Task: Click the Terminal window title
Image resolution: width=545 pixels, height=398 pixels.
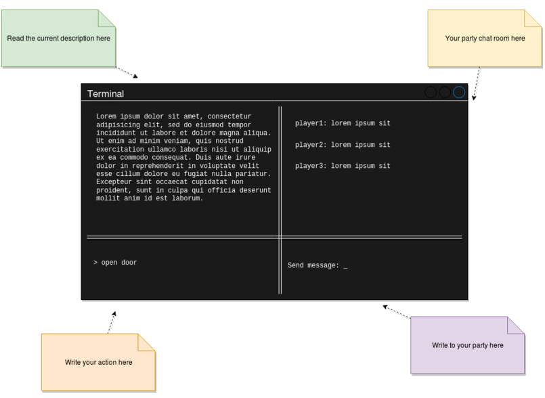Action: [106, 94]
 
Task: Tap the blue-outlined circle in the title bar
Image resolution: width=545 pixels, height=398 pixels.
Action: [459, 92]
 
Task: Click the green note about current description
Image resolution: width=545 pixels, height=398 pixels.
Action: [58, 38]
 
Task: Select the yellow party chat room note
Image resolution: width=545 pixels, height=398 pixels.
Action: [485, 38]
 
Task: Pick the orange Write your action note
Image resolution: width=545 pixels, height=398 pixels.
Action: [98, 362]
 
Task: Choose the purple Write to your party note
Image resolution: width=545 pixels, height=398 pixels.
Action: [468, 345]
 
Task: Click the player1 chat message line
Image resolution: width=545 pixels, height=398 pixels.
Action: [343, 123]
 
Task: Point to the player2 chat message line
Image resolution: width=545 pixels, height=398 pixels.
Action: [343, 145]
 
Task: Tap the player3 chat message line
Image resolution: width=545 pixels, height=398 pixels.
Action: [343, 166]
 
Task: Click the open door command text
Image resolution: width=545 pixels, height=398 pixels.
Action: [119, 263]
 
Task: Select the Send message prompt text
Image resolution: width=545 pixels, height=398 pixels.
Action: [313, 265]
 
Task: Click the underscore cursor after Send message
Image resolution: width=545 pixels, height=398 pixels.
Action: [345, 268]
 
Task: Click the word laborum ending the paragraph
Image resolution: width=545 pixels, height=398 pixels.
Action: [188, 198]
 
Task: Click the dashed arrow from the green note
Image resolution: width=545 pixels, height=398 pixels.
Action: [127, 72]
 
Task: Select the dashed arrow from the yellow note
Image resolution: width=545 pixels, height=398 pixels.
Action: [477, 83]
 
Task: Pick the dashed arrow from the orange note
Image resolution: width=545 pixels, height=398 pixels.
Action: [112, 323]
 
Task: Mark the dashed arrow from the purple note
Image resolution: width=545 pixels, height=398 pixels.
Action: [397, 311]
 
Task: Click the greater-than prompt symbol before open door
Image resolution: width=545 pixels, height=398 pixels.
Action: [95, 263]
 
